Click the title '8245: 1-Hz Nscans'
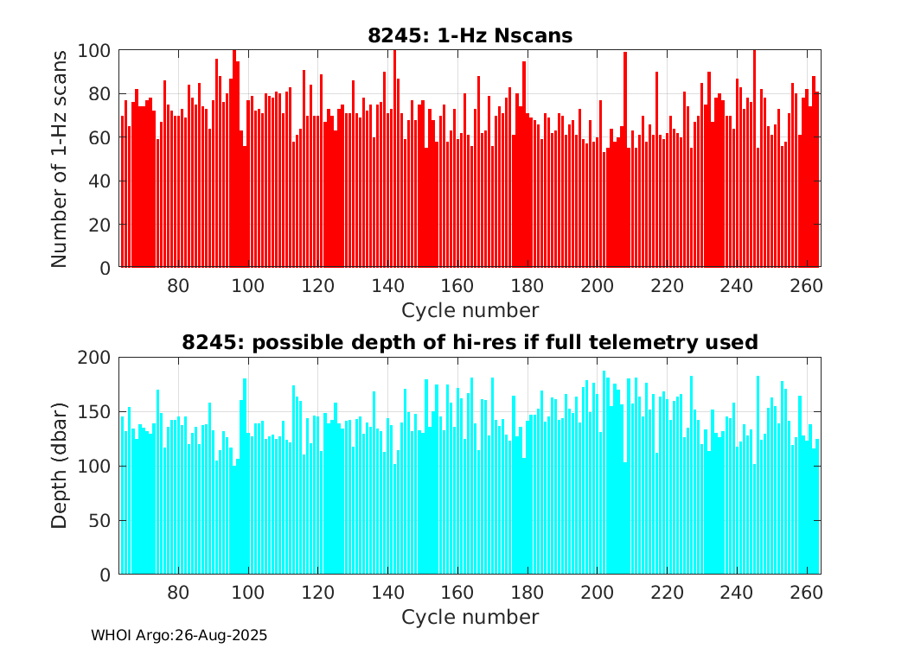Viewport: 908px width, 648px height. click(470, 35)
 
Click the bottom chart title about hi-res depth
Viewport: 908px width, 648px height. click(470, 342)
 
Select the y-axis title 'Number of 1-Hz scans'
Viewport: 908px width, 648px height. click(59, 159)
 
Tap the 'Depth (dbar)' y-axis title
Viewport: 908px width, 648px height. click(59, 466)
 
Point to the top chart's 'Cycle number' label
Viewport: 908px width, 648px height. click(470, 310)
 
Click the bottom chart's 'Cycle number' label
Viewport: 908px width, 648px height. click(470, 617)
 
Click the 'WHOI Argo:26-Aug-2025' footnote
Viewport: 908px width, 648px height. click(179, 635)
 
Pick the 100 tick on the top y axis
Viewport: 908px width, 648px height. click(97, 50)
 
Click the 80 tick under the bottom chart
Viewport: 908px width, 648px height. click(178, 593)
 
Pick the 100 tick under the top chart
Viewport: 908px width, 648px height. click(248, 286)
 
